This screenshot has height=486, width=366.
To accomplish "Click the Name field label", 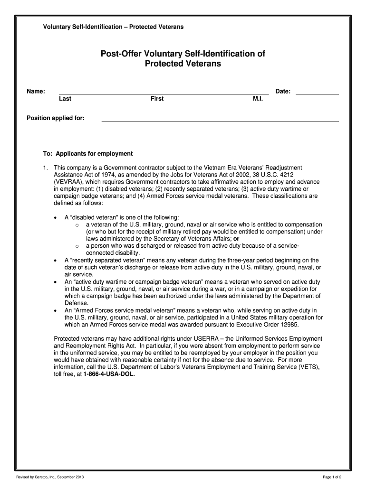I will (x=36, y=91).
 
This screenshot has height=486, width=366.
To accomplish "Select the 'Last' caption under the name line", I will (x=65, y=99).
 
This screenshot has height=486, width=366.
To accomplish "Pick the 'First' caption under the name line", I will (x=157, y=99).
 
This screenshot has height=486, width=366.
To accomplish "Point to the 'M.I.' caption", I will (x=258, y=99).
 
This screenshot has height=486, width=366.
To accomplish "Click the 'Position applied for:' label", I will (x=56, y=118).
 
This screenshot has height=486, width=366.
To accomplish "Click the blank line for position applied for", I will (x=220, y=120).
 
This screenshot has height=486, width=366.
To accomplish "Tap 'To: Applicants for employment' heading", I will (x=88, y=154).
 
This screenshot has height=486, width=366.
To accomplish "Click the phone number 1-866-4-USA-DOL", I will (x=109, y=374).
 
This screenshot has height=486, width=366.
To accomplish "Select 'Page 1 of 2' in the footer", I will (x=332, y=476).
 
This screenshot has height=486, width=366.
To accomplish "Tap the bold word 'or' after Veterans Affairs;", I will (x=236, y=239).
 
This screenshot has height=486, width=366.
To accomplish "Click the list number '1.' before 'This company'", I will (x=46, y=168).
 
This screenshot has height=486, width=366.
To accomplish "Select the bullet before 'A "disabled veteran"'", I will (x=56, y=217).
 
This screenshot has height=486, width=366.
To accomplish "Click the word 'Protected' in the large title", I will (x=164, y=64).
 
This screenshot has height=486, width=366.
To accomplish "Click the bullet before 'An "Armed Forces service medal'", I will (x=56, y=310).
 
